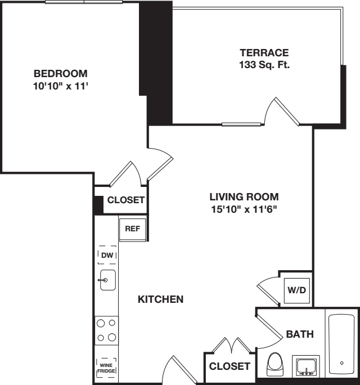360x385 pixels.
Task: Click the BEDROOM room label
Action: tap(61, 74)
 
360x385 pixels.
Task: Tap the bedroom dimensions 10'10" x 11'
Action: tap(61, 87)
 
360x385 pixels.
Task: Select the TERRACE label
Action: tap(264, 53)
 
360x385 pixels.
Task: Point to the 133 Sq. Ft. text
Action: tap(264, 65)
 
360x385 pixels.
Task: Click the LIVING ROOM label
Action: tap(244, 197)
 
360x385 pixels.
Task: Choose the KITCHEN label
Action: tap(160, 299)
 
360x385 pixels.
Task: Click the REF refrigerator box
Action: tap(133, 229)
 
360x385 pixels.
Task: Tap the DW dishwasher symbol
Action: tap(107, 256)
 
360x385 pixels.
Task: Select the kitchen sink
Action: tap(107, 280)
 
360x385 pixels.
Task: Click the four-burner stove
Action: tap(107, 330)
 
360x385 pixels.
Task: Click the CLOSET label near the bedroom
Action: tap(126, 200)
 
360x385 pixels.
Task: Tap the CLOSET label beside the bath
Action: tap(229, 366)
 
